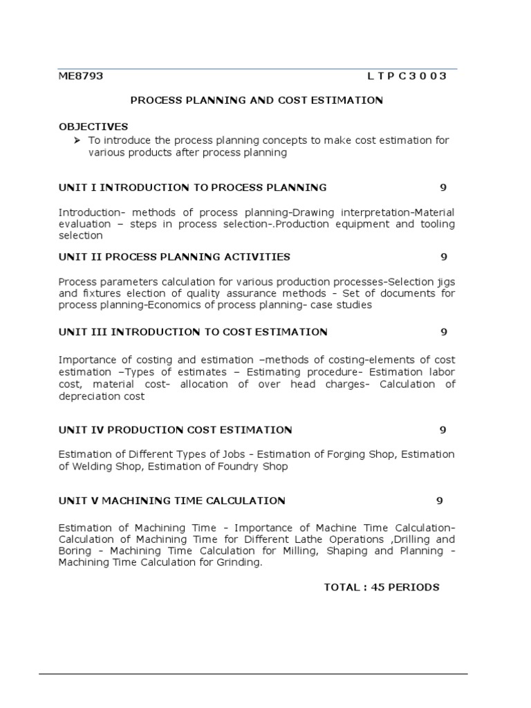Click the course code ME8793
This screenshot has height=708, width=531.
(81, 76)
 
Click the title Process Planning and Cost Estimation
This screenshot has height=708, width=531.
(257, 100)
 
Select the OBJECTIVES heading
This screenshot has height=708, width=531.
(93, 127)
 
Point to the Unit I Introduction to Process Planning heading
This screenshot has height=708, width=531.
(193, 187)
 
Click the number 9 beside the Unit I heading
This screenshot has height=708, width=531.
(443, 187)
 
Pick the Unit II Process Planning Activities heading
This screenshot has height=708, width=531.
(174, 257)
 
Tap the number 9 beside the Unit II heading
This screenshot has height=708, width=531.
(444, 257)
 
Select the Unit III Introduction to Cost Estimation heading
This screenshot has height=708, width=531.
(193, 332)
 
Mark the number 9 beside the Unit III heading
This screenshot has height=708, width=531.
(444, 332)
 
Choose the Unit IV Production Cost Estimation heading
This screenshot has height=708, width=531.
(176, 430)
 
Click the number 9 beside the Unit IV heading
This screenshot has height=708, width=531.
(443, 430)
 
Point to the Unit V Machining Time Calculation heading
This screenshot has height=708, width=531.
(172, 501)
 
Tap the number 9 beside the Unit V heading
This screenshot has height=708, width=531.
(439, 501)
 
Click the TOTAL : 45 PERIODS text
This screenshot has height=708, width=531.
(382, 587)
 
